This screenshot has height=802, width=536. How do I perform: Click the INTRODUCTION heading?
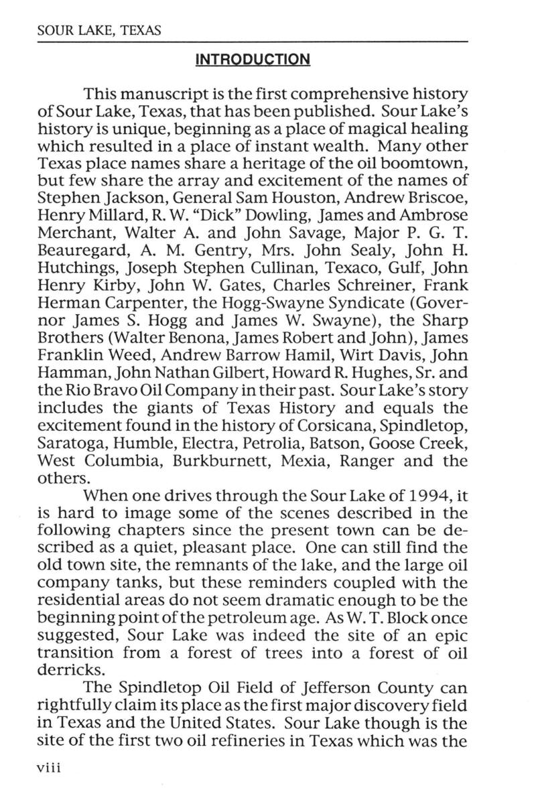252,60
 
